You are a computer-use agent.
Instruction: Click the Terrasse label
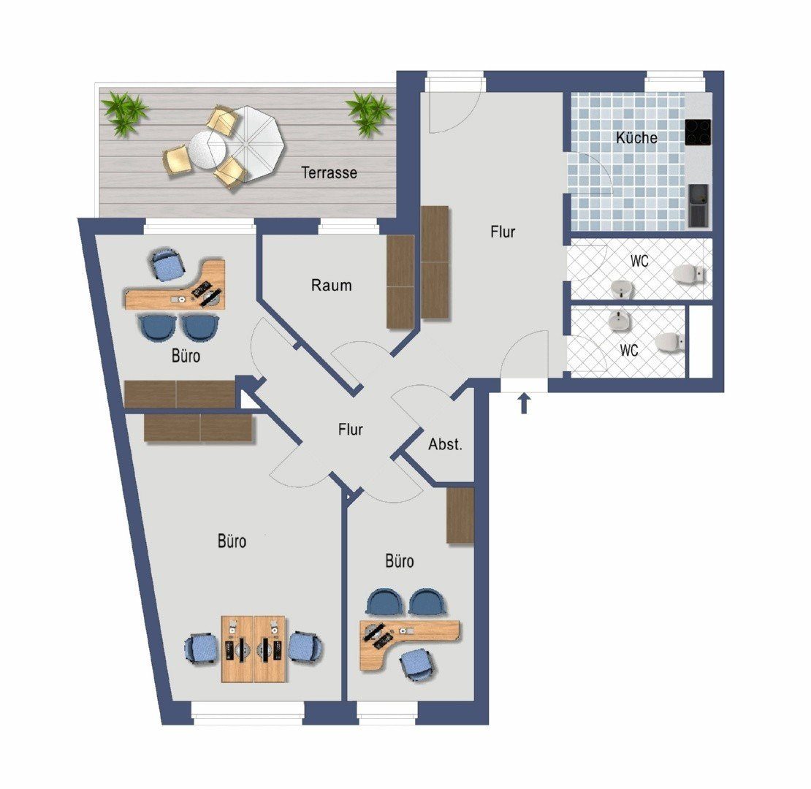329,172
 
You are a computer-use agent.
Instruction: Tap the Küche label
636,137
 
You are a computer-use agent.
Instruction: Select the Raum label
332,285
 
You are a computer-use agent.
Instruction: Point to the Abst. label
446,444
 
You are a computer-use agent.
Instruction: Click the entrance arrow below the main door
524,403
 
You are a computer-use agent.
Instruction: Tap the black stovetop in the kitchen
698,131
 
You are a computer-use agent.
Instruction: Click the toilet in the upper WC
689,274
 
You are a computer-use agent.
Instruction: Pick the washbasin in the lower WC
619,321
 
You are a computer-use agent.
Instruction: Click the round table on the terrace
207,150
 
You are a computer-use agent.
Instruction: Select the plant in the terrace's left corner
124,113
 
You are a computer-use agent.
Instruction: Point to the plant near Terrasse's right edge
369,114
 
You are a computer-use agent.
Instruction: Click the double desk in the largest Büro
254,649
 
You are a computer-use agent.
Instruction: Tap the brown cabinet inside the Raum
400,282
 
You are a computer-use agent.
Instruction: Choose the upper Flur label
503,232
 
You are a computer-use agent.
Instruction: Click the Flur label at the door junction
350,429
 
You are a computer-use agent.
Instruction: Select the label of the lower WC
629,350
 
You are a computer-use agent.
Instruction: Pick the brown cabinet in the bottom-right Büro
460,516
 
